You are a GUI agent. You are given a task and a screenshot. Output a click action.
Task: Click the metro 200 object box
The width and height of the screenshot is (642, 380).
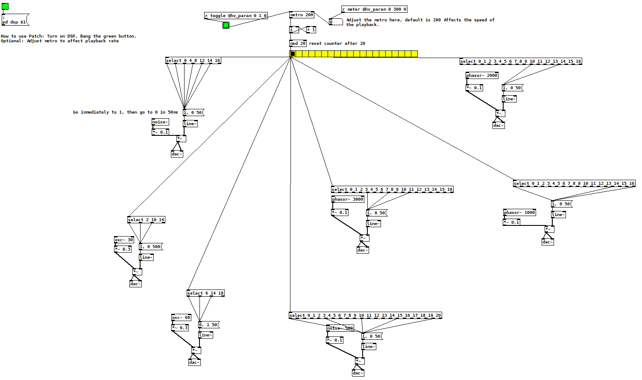302,15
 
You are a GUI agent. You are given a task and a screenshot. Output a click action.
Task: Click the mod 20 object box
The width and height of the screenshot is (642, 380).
298,44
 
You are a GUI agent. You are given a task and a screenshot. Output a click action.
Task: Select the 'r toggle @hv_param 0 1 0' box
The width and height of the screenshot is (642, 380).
236,16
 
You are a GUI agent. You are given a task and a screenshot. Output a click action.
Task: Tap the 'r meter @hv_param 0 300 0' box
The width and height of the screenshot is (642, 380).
374,9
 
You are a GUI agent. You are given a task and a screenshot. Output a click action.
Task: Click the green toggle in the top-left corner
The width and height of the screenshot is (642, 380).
5,6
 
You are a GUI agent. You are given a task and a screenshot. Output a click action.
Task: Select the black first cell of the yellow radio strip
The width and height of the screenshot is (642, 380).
293,54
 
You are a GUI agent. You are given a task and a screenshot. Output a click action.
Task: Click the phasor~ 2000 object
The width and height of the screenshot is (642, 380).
482,76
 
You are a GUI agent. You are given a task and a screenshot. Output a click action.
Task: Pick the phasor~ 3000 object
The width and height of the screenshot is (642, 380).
348,199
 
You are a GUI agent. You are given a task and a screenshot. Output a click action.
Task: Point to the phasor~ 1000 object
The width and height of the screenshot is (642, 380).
519,213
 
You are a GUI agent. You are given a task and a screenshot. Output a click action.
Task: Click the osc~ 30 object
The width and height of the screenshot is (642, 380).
124,240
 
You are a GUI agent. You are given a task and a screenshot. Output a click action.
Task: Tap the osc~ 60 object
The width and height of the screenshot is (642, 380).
181,318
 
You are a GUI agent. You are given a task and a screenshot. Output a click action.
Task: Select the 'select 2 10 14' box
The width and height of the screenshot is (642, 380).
146,220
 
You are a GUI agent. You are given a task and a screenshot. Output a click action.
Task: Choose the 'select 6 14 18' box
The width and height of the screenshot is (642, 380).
205,293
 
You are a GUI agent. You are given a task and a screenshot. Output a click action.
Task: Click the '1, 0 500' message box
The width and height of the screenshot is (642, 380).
150,247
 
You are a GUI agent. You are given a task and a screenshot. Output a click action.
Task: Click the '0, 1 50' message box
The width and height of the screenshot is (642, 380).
208,325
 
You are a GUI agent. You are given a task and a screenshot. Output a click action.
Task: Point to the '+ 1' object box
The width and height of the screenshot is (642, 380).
311,30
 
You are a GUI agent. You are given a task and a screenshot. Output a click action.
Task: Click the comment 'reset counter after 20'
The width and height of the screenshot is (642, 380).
337,44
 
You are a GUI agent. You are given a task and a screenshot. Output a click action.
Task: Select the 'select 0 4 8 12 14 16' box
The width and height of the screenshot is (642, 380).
193,61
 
